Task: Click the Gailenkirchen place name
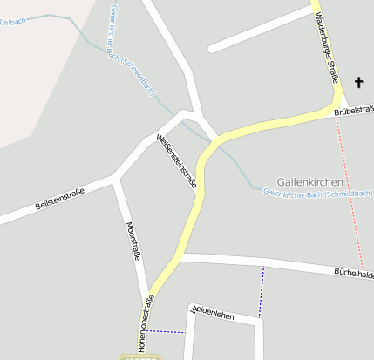pos(309,173)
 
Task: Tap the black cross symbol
pos(358,83)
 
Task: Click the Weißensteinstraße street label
pos(176,162)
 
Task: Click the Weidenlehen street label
pos(213,312)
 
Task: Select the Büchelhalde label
pos(353,273)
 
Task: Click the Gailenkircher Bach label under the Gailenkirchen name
pos(317,191)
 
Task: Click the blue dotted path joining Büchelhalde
pos(261,291)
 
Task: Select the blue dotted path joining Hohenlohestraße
pos(166,331)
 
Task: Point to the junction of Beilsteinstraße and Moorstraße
pos(116,180)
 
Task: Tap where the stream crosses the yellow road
pos(212,142)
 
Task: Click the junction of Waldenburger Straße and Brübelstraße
pos(336,108)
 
